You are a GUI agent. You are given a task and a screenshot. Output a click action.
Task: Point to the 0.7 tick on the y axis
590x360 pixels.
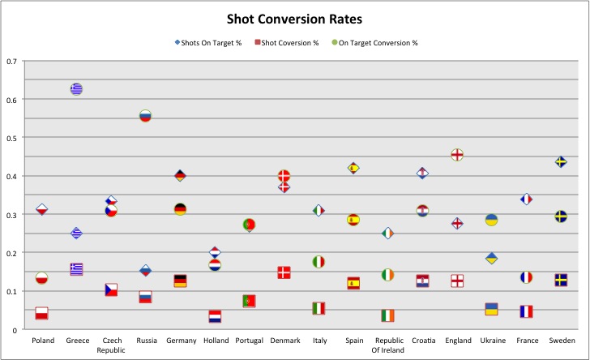(11, 61)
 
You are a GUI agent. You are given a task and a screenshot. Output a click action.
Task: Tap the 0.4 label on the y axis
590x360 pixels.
(11, 176)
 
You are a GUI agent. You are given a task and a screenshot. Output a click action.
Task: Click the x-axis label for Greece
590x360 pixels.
(76, 341)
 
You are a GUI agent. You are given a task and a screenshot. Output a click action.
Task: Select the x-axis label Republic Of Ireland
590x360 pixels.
(388, 345)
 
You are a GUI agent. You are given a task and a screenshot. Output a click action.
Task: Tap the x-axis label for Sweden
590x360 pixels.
(561, 341)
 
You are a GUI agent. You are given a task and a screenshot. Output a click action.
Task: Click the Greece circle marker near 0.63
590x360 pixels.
(76, 89)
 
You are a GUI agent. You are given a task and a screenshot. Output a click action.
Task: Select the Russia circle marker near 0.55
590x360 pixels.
(145, 116)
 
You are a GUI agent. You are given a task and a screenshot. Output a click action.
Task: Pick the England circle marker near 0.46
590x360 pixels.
(457, 154)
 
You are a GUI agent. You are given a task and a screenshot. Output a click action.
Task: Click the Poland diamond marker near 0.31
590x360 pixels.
(41, 210)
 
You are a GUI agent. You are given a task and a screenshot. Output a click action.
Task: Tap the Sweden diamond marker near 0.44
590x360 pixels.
(561, 162)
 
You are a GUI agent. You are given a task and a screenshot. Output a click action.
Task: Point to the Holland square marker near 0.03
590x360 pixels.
(215, 316)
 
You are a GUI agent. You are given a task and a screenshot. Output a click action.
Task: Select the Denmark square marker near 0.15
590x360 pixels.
(284, 272)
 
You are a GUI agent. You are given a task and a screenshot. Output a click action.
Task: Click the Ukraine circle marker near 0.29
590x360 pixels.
(491, 220)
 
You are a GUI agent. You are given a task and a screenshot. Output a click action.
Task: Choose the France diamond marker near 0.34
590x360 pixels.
(526, 199)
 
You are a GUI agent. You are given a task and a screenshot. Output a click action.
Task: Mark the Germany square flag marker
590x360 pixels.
(180, 281)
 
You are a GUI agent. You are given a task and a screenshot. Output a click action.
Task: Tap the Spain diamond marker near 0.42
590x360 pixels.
(353, 168)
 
